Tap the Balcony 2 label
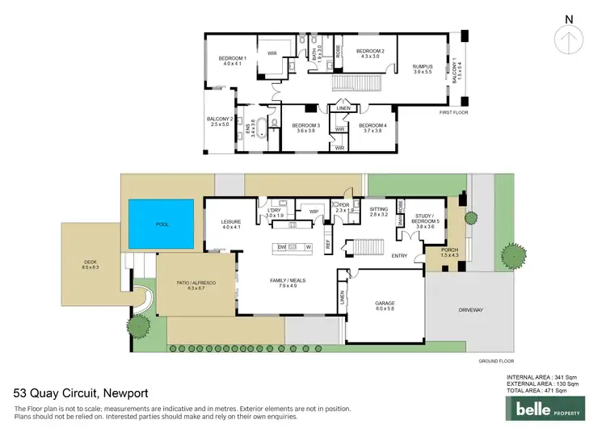[x=220, y=122]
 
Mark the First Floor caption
[x=452, y=112]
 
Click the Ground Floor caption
[x=495, y=361]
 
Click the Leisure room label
[x=233, y=224]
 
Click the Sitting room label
[x=379, y=212]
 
